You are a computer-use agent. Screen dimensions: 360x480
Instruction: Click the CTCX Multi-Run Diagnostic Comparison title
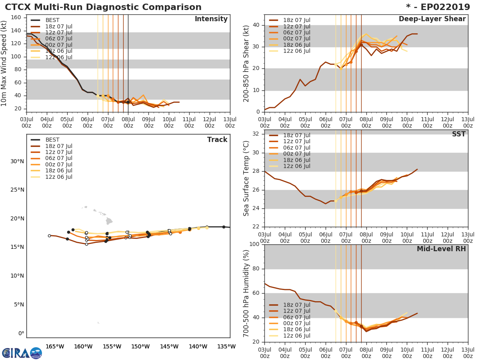point(103,7)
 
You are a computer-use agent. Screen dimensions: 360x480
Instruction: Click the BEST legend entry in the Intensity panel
point(52,20)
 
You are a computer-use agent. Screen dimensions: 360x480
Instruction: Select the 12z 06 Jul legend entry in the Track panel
point(58,177)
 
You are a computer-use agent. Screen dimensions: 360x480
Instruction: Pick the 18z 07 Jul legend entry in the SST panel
point(296,135)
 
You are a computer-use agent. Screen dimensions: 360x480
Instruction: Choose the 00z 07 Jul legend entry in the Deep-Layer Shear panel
point(296,39)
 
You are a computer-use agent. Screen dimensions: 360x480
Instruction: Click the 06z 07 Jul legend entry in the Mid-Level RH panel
point(296,317)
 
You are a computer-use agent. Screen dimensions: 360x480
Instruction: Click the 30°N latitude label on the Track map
point(17,161)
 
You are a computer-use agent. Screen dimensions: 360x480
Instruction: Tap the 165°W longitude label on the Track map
point(55,346)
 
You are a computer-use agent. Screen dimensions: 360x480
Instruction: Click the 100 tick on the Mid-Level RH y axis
point(253,244)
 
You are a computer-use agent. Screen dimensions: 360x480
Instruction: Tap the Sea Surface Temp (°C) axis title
point(246,178)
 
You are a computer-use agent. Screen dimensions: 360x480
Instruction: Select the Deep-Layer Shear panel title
point(432,19)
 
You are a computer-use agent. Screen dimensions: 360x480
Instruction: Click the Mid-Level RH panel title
point(441,249)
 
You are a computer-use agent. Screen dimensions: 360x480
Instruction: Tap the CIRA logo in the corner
point(22,353)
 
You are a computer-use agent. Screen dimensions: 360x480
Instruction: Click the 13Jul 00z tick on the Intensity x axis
point(230,122)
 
